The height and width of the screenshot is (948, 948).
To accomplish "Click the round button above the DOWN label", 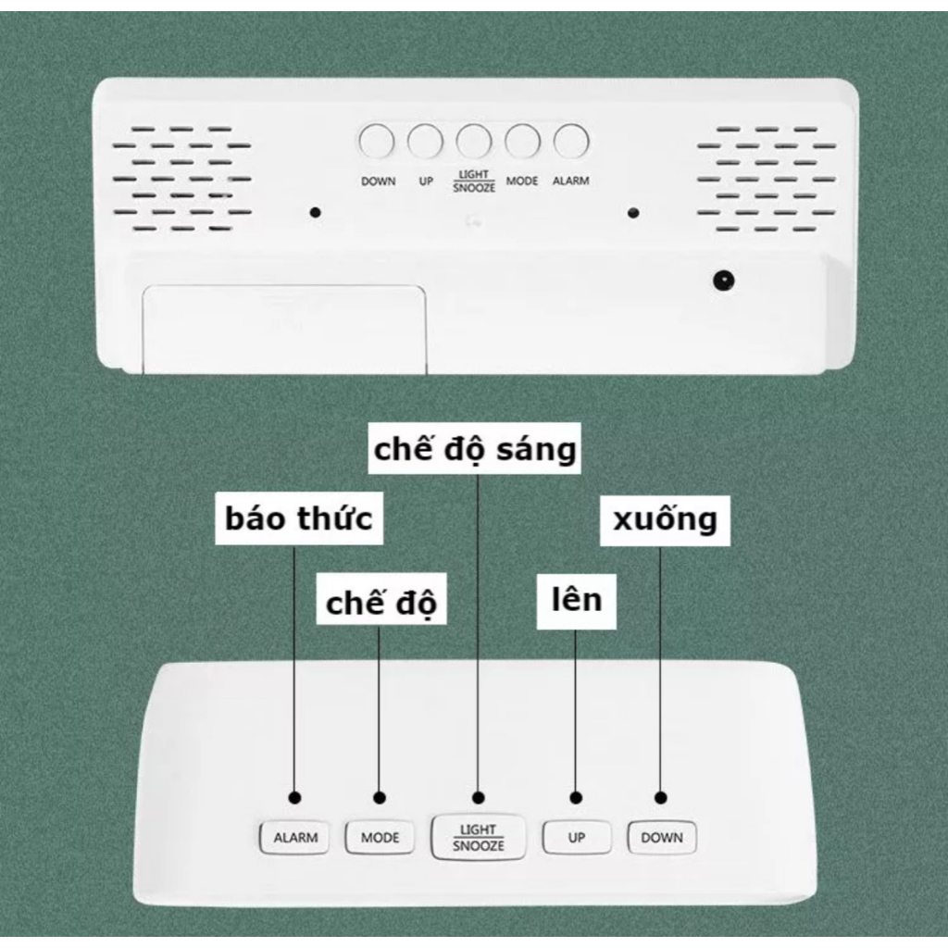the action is tap(377, 142).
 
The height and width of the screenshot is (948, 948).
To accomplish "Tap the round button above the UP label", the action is tap(425, 142).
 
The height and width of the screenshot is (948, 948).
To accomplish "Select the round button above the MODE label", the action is tap(523, 142).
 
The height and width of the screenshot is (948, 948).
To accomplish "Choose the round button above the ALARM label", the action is tap(571, 142).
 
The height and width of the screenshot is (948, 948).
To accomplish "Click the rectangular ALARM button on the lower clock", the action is tap(294, 837).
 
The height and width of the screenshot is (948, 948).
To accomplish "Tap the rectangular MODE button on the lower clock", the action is tap(380, 837).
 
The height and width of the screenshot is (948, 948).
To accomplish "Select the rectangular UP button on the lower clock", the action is tap(576, 837).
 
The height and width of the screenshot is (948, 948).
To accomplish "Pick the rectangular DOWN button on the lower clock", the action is tap(662, 837).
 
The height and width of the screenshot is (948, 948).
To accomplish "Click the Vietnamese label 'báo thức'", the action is tap(299, 518).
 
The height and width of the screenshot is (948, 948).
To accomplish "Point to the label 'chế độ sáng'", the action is tap(475, 449).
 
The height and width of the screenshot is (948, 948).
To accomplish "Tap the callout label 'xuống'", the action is tap(665, 520).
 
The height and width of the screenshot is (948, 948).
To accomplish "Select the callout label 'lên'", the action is tap(577, 601).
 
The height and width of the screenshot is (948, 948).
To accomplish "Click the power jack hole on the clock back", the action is tap(724, 281).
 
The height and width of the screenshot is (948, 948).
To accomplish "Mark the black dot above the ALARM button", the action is tap(295, 798).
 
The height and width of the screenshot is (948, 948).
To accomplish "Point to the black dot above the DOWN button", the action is tap(661, 798).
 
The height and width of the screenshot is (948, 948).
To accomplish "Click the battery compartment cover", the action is tap(284, 330).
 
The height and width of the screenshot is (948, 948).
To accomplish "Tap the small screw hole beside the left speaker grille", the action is tap(315, 213).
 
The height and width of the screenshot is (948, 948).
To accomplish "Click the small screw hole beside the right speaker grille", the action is tap(633, 213).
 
